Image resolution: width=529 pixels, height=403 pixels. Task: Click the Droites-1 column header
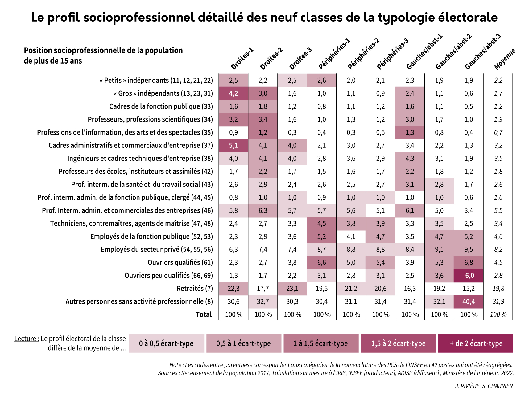click(242, 59)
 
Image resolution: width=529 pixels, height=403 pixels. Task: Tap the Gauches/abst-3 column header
click(483, 52)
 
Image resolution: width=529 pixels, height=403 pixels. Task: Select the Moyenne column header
click(505, 59)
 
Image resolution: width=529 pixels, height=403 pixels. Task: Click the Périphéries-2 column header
click(364, 54)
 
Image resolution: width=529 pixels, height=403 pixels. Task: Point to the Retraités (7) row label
click(195, 289)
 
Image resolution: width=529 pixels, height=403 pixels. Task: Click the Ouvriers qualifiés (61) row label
click(180, 263)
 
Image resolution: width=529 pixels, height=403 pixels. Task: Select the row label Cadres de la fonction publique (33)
click(161, 106)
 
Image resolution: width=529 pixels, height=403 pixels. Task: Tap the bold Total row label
click(204, 314)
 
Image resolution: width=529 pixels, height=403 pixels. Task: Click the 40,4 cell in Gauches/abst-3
click(469, 301)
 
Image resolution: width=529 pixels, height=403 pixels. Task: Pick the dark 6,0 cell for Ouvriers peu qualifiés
click(469, 276)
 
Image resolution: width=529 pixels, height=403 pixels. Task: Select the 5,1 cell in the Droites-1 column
click(234, 145)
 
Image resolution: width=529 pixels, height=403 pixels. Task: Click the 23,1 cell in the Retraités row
click(292, 289)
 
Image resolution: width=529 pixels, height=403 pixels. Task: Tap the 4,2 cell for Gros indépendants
click(234, 93)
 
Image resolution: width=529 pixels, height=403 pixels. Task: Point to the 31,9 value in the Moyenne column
click(498, 301)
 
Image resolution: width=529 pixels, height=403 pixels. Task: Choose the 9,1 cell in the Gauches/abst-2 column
click(439, 249)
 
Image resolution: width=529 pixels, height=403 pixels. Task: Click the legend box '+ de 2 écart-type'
click(475, 343)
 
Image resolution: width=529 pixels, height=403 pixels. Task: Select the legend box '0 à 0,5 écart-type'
click(167, 343)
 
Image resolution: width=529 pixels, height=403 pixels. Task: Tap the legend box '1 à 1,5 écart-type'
click(321, 343)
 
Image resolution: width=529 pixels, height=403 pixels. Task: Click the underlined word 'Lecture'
click(26, 339)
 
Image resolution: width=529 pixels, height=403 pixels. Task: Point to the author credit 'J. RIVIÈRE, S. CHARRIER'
click(484, 386)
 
